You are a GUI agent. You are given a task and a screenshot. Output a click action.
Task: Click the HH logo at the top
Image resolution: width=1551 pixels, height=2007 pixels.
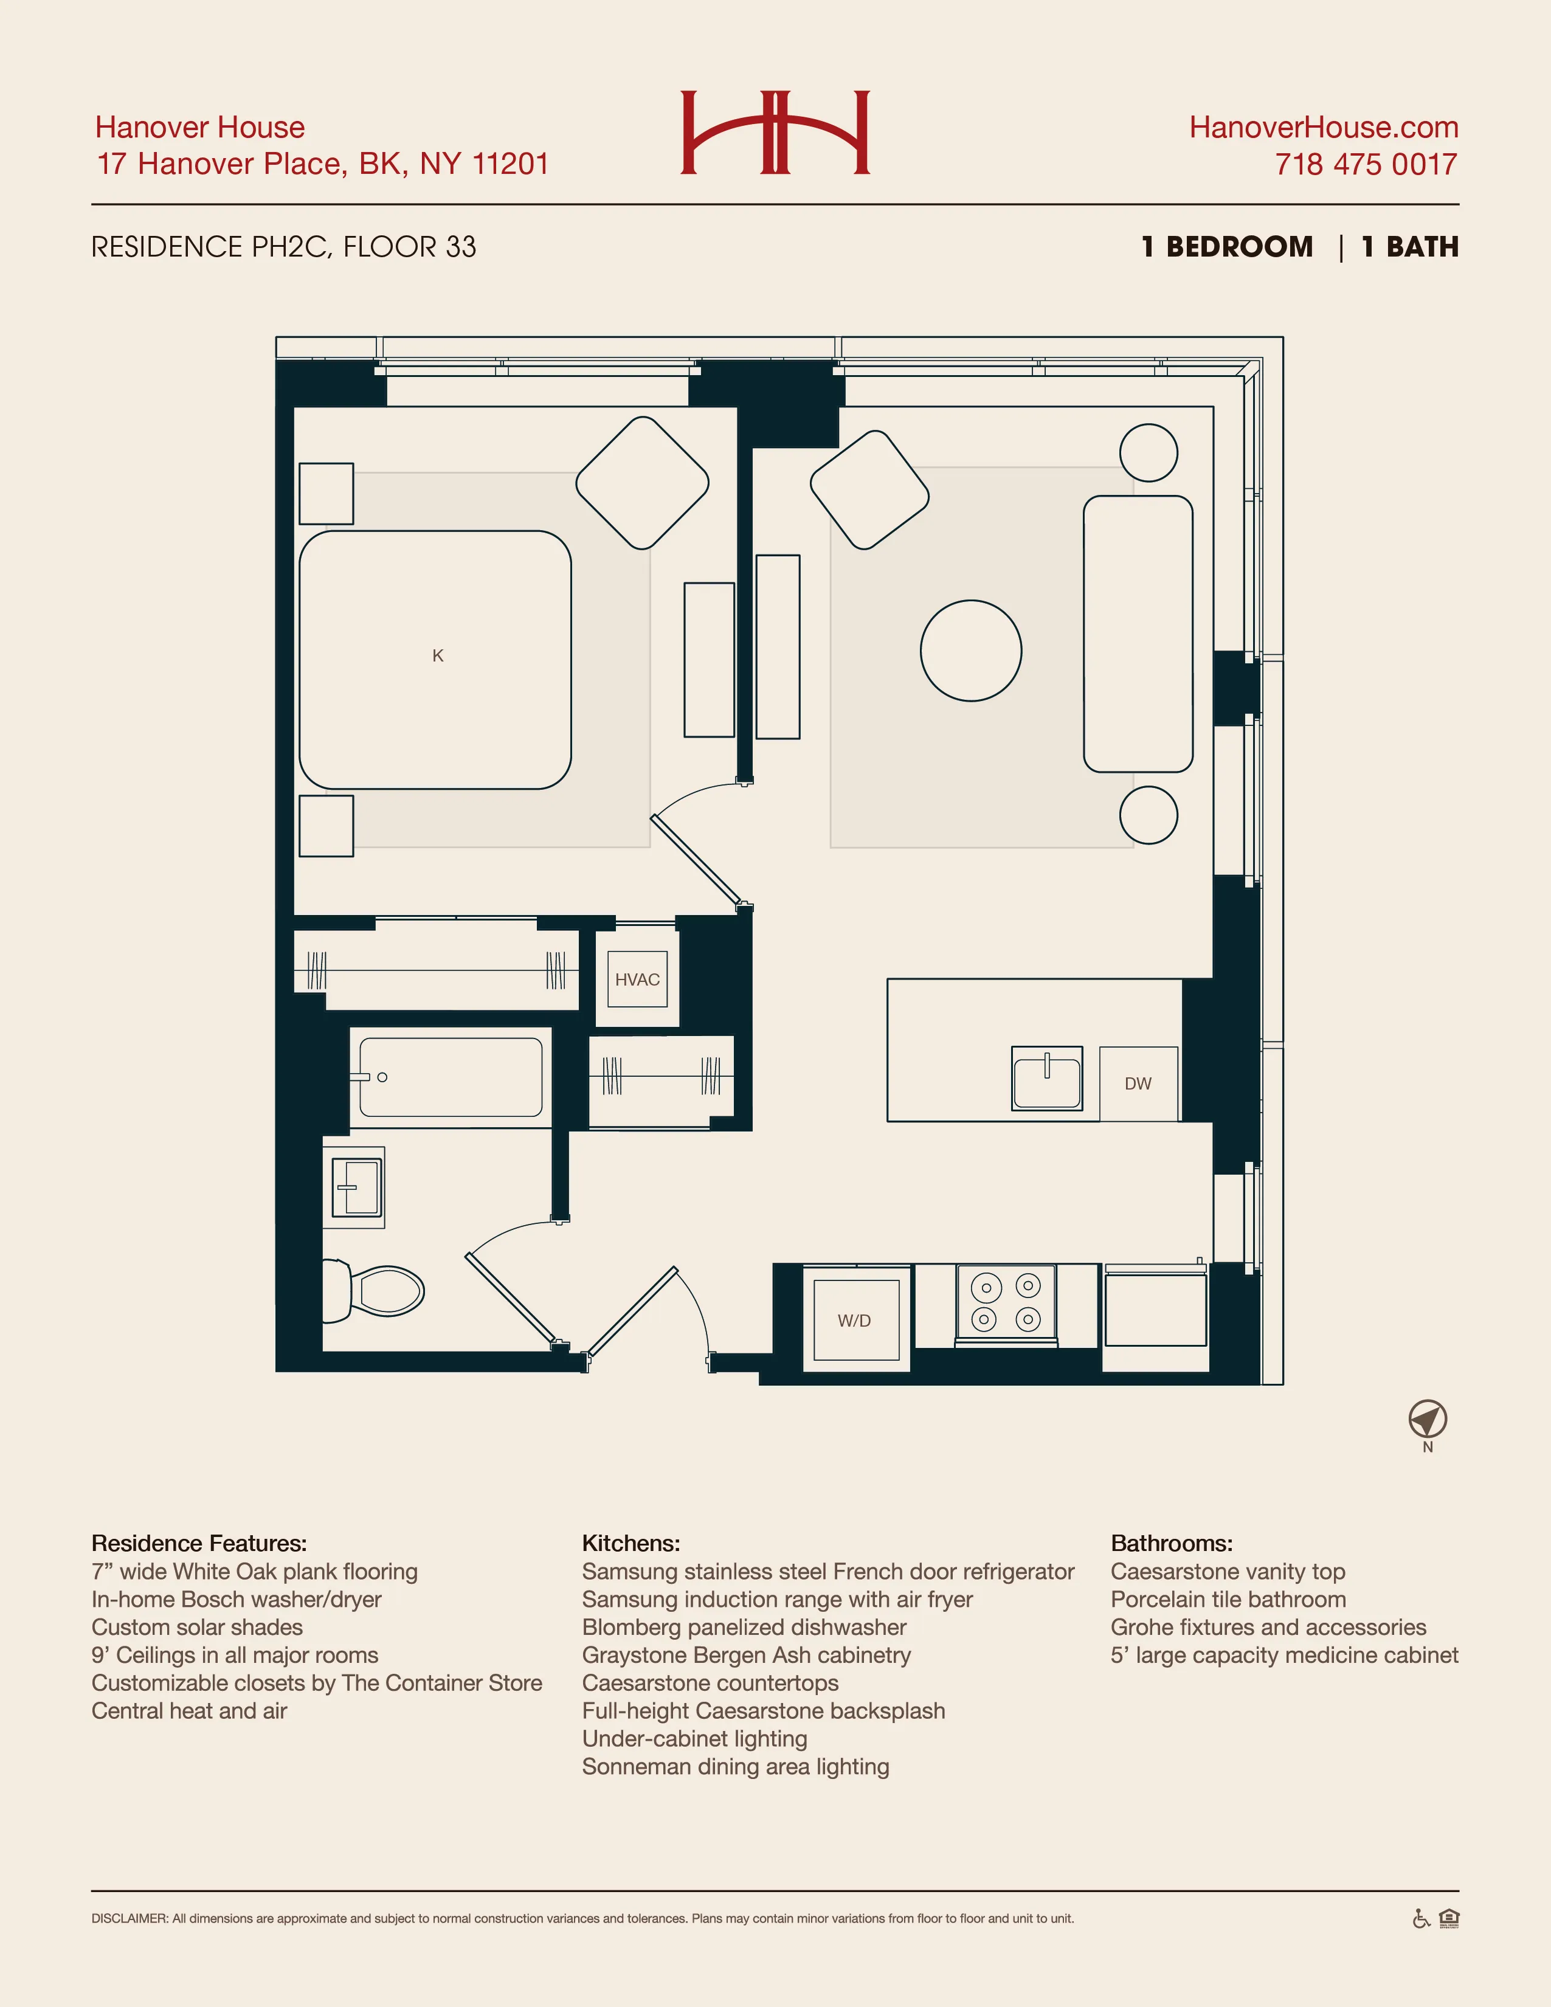(x=775, y=133)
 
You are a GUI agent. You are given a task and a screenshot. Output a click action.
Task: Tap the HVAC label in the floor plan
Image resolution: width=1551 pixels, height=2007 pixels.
(x=637, y=979)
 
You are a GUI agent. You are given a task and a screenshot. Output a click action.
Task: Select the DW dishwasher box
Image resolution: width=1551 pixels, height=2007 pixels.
(x=1138, y=1083)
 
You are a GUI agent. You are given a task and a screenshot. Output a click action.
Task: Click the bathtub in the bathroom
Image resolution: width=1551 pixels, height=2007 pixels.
(x=451, y=1077)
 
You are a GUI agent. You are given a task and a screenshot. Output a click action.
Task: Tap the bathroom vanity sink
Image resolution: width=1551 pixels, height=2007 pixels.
(x=356, y=1187)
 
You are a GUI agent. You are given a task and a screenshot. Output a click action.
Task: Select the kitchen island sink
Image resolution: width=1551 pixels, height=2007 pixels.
(x=1046, y=1079)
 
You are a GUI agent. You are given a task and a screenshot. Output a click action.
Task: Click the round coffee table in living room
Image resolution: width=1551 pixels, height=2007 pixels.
(x=970, y=651)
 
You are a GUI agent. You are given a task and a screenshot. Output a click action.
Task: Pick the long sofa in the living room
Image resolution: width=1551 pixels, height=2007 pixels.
(x=1138, y=634)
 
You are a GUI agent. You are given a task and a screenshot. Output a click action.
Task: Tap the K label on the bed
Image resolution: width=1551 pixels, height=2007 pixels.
(x=437, y=655)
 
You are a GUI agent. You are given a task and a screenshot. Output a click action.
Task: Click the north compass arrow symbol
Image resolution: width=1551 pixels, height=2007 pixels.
(x=1427, y=1420)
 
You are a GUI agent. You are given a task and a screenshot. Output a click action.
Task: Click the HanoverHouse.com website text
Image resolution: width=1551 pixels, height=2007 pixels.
(x=1323, y=127)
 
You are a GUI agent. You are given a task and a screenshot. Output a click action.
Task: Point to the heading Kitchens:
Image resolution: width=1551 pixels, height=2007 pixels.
(x=630, y=1543)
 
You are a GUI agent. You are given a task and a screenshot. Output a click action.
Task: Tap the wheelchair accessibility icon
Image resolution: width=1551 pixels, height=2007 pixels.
(x=1420, y=1919)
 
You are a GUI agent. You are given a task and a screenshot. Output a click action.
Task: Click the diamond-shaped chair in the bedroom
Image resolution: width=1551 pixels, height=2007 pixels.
(x=642, y=483)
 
